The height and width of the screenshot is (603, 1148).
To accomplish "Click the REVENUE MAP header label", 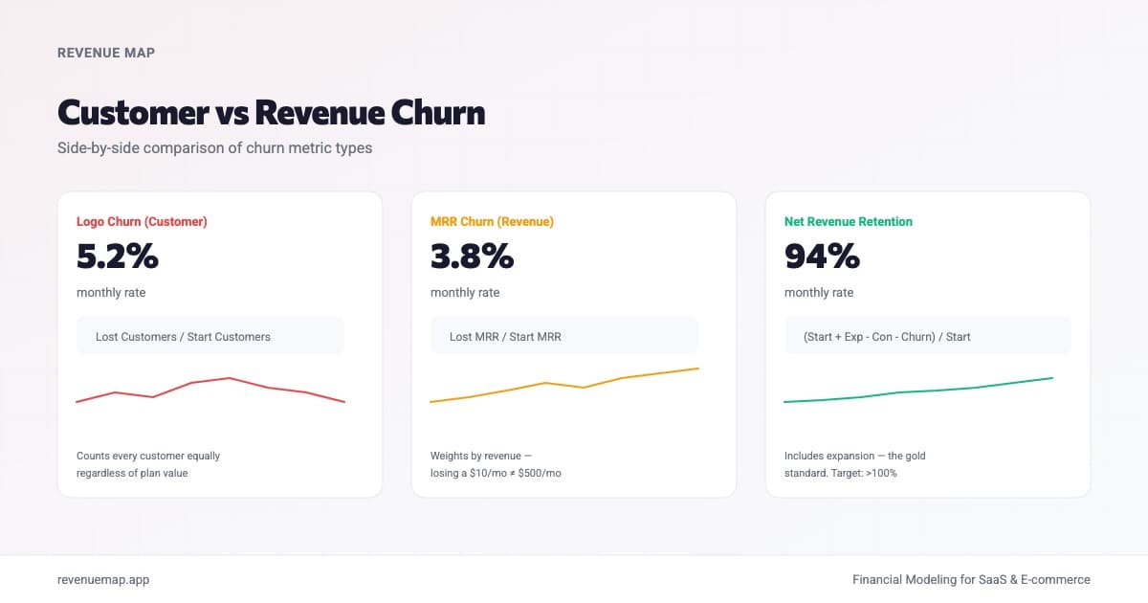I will point(106,53).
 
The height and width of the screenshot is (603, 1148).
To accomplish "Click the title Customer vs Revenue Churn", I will point(271,113).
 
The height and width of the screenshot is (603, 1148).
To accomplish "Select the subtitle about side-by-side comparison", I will point(214,148).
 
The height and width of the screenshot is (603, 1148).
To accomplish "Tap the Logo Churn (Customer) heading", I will point(142,221).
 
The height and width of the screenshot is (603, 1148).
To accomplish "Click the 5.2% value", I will point(117,257).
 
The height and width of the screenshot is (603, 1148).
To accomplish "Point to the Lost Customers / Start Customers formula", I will point(183,337).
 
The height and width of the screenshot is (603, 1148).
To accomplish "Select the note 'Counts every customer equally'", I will point(148,456).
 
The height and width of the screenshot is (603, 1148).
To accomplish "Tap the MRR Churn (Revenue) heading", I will point(492,221).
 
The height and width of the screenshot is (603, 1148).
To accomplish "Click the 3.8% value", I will point(472,257).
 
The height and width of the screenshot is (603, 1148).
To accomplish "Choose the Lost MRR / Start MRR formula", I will point(505,337).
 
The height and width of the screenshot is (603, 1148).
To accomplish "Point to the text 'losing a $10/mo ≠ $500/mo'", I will point(496,473).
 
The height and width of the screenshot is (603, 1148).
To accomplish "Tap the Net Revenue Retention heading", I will point(848,221).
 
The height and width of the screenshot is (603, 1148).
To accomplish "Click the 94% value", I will point(822,257).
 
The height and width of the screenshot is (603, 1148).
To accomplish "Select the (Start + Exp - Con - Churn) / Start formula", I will point(887,337).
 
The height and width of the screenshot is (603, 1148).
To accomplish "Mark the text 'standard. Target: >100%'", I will point(840,473).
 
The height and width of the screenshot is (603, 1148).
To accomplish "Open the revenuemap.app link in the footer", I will point(103,579).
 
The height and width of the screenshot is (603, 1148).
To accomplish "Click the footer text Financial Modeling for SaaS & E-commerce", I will point(971,579).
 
